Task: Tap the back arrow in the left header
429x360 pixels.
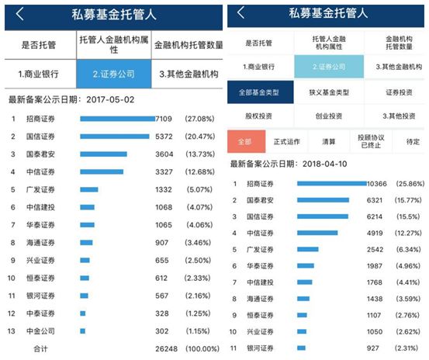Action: [19, 14]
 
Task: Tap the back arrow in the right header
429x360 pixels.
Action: [240, 12]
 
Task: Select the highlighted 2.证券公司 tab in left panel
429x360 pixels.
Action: [114, 74]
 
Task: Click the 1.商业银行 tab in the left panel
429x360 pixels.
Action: [38, 74]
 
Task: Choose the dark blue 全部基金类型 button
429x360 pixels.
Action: [260, 92]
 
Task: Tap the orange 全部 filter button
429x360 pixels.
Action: [246, 141]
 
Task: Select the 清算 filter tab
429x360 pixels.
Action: [329, 142]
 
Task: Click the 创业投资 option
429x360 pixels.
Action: [329, 116]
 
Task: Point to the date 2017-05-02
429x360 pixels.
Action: [110, 99]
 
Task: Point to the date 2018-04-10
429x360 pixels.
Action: [324, 164]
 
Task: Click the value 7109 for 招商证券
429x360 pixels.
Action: [164, 119]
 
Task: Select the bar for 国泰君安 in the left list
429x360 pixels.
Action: [103, 154]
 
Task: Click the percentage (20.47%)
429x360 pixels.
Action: [199, 137]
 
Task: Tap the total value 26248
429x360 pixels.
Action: [166, 349]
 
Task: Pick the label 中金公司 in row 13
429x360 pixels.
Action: [40, 331]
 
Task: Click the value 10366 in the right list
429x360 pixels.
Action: [377, 184]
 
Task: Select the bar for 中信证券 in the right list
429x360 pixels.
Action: [317, 233]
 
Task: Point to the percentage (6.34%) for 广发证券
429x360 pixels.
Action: [408, 250]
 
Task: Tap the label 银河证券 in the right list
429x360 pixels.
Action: [260, 348]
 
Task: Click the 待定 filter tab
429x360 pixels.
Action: [413, 142]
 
